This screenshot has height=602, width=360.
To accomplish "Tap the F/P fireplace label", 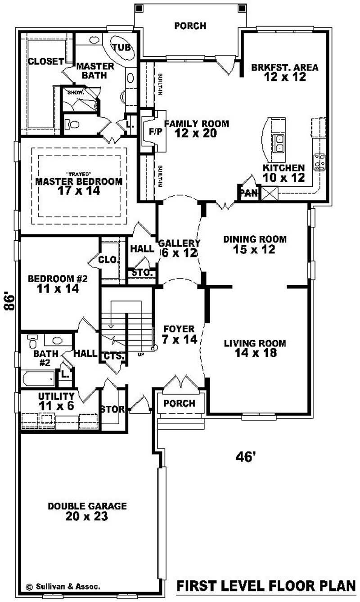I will [149, 132].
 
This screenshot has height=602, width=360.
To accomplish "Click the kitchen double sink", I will [279, 143].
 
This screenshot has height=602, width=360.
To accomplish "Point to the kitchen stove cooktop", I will [320, 162].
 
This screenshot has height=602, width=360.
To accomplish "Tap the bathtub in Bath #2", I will [38, 378].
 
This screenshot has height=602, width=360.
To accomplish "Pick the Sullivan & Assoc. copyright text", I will [63, 587].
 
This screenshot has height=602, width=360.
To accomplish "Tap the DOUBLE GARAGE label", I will [87, 506].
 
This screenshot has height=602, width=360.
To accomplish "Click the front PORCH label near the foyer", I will [179, 403].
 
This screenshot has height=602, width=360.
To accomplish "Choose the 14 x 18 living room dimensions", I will [255, 353].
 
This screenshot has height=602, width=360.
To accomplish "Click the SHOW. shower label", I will [73, 92].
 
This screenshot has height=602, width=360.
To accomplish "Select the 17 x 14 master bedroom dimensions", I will [79, 191].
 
